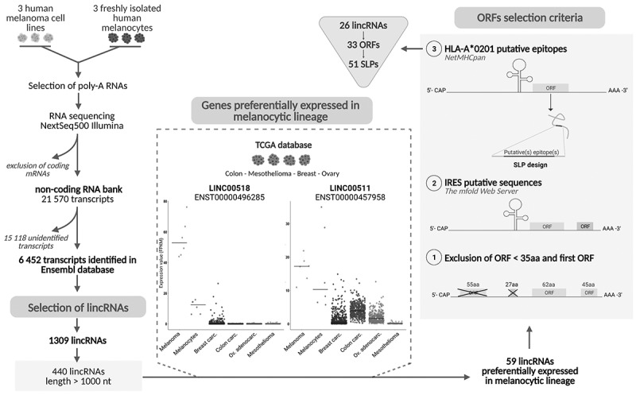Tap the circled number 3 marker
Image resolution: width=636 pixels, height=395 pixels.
[x=454, y=48]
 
